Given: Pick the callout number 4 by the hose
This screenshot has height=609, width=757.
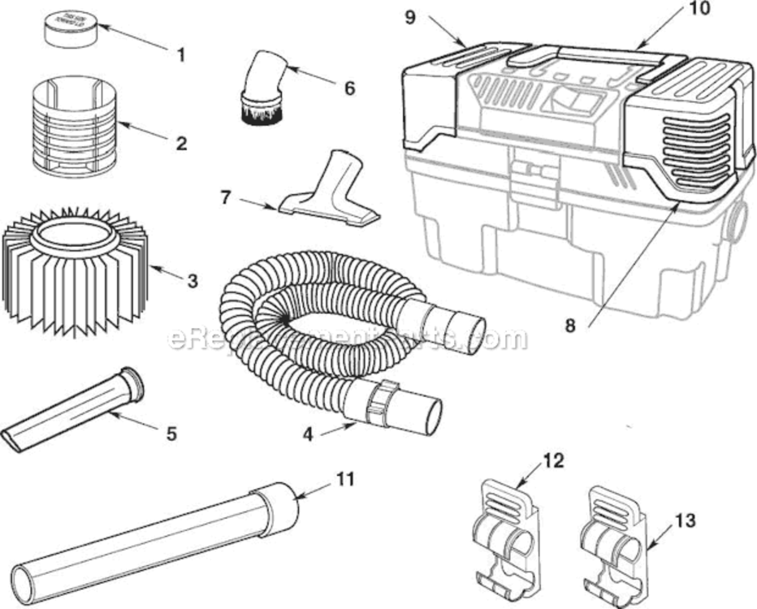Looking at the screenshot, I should (x=308, y=434).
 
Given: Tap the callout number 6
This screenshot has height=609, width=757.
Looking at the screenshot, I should (x=349, y=88).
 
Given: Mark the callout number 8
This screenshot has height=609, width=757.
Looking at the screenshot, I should (x=569, y=326).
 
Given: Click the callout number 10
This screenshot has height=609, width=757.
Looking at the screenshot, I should (x=699, y=9).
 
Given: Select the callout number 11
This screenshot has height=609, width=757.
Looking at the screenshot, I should (x=346, y=479).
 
